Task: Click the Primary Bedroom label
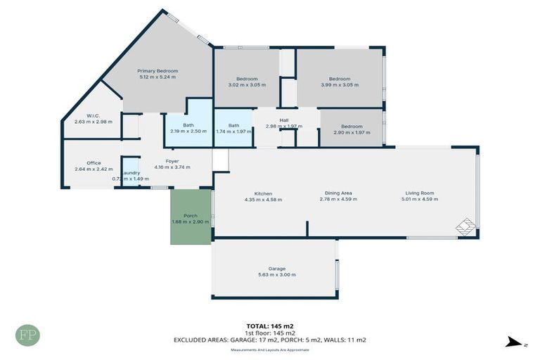pos(157,71)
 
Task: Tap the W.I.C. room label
pos(94,115)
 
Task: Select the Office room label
pos(94,163)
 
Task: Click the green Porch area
pos(191,218)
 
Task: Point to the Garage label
pos(276,269)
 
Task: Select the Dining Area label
pos(337,193)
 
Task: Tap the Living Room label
pos(419,193)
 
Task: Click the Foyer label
pos(172,162)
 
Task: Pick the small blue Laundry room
pos(130,173)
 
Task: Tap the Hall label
pos(283,120)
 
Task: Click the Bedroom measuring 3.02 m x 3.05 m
pos(247,79)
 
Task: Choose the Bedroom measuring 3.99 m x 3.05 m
pos(340,79)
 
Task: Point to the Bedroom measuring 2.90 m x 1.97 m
pos(352,127)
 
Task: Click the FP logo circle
pos(28,334)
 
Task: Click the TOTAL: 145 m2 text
pos(269,326)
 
